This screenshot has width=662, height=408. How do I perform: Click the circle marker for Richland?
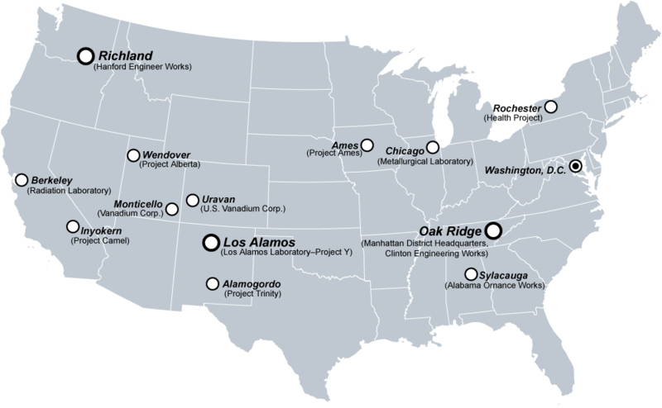coord(84,55)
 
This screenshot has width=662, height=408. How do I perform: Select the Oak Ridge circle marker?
coord(493,231)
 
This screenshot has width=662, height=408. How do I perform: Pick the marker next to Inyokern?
coord(72,226)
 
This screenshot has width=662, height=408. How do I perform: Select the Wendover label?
coord(167,154)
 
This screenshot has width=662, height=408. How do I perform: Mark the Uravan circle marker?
coord(192,200)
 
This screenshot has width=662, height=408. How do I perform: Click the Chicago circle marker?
coord(432,148)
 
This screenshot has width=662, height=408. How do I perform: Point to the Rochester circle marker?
coord(549,107)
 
